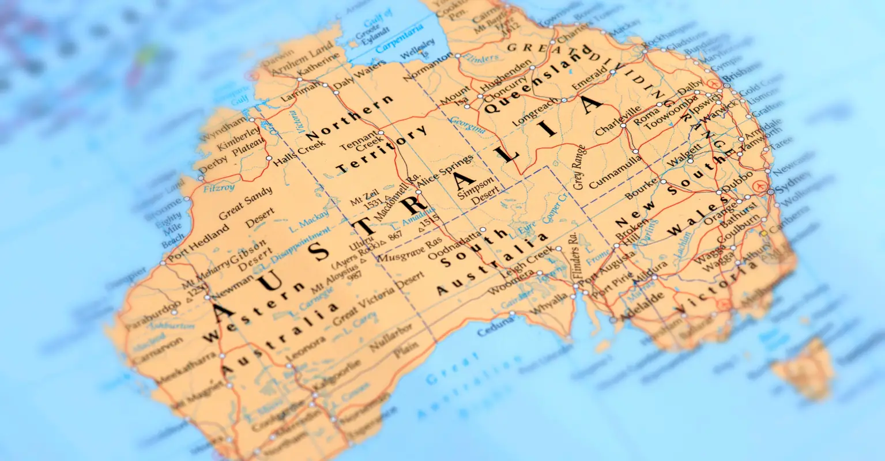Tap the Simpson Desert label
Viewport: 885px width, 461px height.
pyautogui.click(x=477, y=190)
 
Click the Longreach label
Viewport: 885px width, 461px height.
pyautogui.click(x=536, y=109)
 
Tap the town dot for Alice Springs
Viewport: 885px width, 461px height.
pyautogui.click(x=419, y=192)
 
